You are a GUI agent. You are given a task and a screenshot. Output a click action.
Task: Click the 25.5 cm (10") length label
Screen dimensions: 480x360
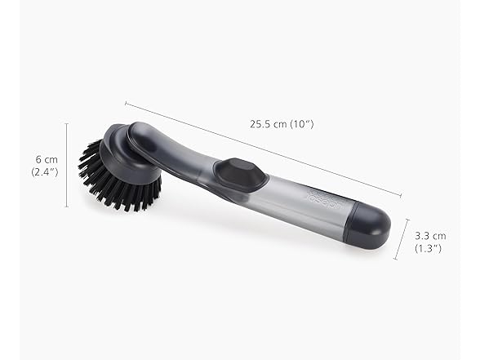(x=282, y=124)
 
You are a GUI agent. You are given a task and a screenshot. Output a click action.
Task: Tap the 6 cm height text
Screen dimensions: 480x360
(x=47, y=159)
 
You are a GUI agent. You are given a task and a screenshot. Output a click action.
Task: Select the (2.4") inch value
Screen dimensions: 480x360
(x=45, y=172)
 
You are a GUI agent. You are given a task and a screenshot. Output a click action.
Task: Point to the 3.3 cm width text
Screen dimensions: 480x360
(x=430, y=236)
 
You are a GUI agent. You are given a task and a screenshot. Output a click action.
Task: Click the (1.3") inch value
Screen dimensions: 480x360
(x=429, y=248)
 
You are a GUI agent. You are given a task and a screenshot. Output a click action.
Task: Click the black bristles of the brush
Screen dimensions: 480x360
(x=116, y=180)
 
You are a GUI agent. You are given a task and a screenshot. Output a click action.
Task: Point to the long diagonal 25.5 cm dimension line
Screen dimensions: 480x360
(x=263, y=149)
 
